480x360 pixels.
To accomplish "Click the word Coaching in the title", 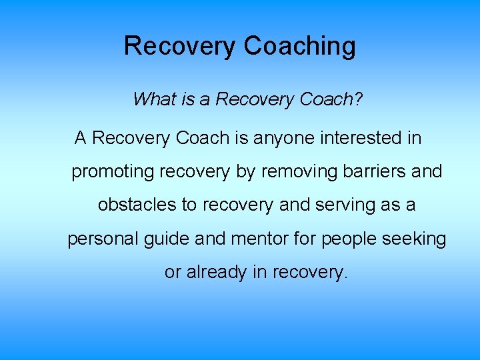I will coord(299,47).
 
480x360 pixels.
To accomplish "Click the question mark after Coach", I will coord(359,99).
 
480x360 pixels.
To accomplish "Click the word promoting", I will coord(113,172).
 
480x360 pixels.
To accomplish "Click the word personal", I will coord(103,239).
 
